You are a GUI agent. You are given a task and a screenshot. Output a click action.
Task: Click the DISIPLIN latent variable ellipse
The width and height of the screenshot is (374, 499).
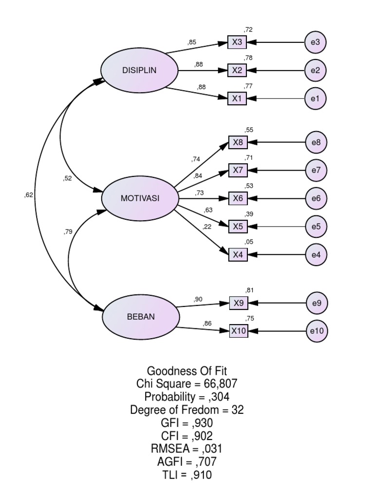coord(139,70)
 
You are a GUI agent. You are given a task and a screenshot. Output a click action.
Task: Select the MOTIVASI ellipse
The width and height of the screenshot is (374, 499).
coord(140,198)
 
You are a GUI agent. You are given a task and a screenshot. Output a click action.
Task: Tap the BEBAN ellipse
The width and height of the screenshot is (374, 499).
coord(141,317)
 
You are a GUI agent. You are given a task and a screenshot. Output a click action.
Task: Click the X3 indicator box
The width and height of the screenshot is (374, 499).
coord(237,42)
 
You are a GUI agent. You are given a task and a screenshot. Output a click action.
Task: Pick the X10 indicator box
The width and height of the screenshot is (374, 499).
coord(239,331)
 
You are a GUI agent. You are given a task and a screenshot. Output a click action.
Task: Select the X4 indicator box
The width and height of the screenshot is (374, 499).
coord(238,254)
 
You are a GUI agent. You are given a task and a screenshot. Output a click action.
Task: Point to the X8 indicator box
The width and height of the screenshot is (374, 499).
coord(238,142)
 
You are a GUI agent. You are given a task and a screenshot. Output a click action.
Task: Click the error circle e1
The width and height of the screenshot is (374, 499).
coord(315,98)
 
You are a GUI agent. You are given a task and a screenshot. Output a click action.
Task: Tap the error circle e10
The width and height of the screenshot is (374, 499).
coord(317,331)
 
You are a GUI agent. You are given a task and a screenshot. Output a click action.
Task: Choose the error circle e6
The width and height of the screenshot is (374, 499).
coord(316,199)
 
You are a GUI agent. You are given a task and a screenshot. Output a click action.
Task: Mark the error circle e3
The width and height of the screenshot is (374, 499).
coord(315,42)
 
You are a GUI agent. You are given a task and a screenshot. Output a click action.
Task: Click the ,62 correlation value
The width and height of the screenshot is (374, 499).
coord(29,195)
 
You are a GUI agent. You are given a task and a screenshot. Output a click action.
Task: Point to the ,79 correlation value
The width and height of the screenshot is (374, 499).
coord(68,231)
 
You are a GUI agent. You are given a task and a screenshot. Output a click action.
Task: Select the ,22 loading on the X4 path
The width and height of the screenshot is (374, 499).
coord(206,227)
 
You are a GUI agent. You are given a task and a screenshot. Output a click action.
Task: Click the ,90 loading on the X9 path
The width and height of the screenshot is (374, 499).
coord(198,299)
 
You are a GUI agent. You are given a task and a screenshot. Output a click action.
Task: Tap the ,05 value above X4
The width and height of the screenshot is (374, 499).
coord(249,242)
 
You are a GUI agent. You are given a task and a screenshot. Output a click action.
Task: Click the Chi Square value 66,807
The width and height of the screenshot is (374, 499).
coord(221,384)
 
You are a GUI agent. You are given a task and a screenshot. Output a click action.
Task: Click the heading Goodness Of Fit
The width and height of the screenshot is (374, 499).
coord(187,371)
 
